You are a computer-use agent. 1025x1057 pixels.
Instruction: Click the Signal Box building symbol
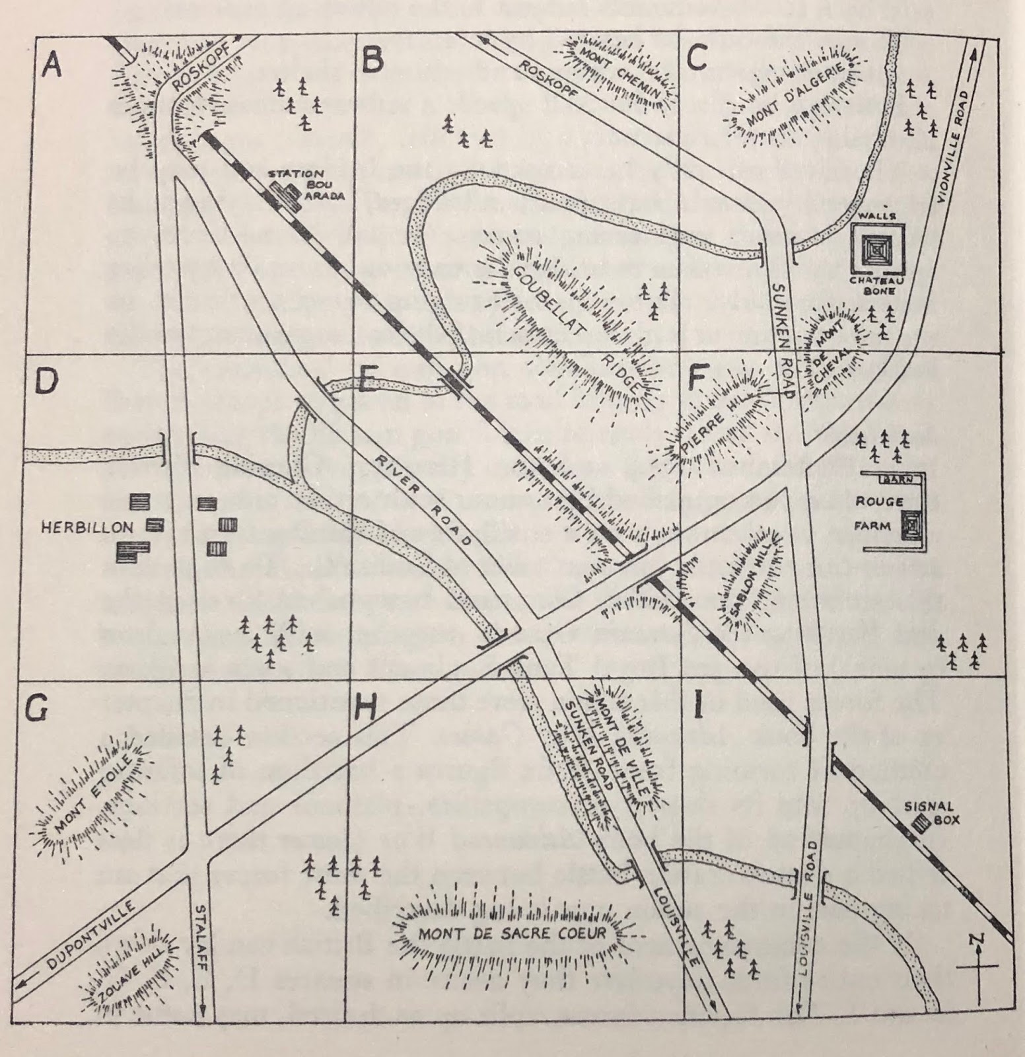click(x=918, y=824)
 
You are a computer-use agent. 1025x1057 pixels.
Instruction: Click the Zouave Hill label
click(x=129, y=968)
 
